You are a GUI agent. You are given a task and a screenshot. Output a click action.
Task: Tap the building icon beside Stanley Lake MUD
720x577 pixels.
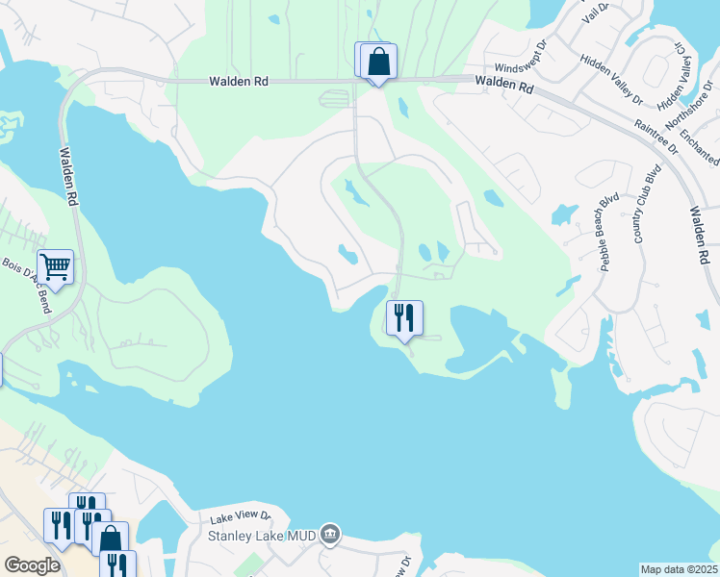point(330,533)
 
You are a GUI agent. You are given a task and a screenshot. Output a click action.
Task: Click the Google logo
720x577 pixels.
point(32,565)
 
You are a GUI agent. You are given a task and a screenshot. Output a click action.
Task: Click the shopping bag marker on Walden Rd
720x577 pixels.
point(378,61)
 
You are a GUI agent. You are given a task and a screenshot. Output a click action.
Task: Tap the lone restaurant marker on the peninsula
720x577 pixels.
point(404,317)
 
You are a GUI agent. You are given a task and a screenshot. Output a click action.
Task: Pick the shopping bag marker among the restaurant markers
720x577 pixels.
point(111,539)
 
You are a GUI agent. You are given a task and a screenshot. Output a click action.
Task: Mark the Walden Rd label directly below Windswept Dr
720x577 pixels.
point(504,86)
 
